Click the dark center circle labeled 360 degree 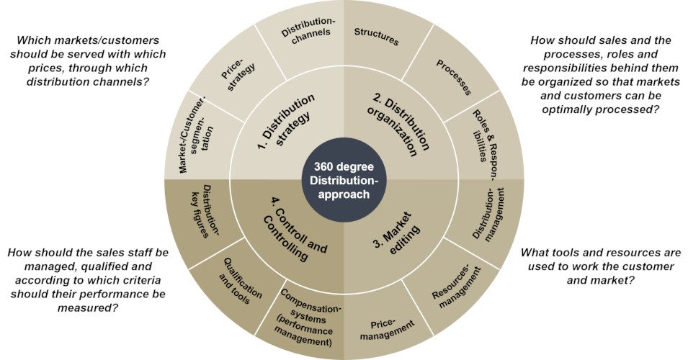(343, 179)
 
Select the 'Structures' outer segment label (377, 35)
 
